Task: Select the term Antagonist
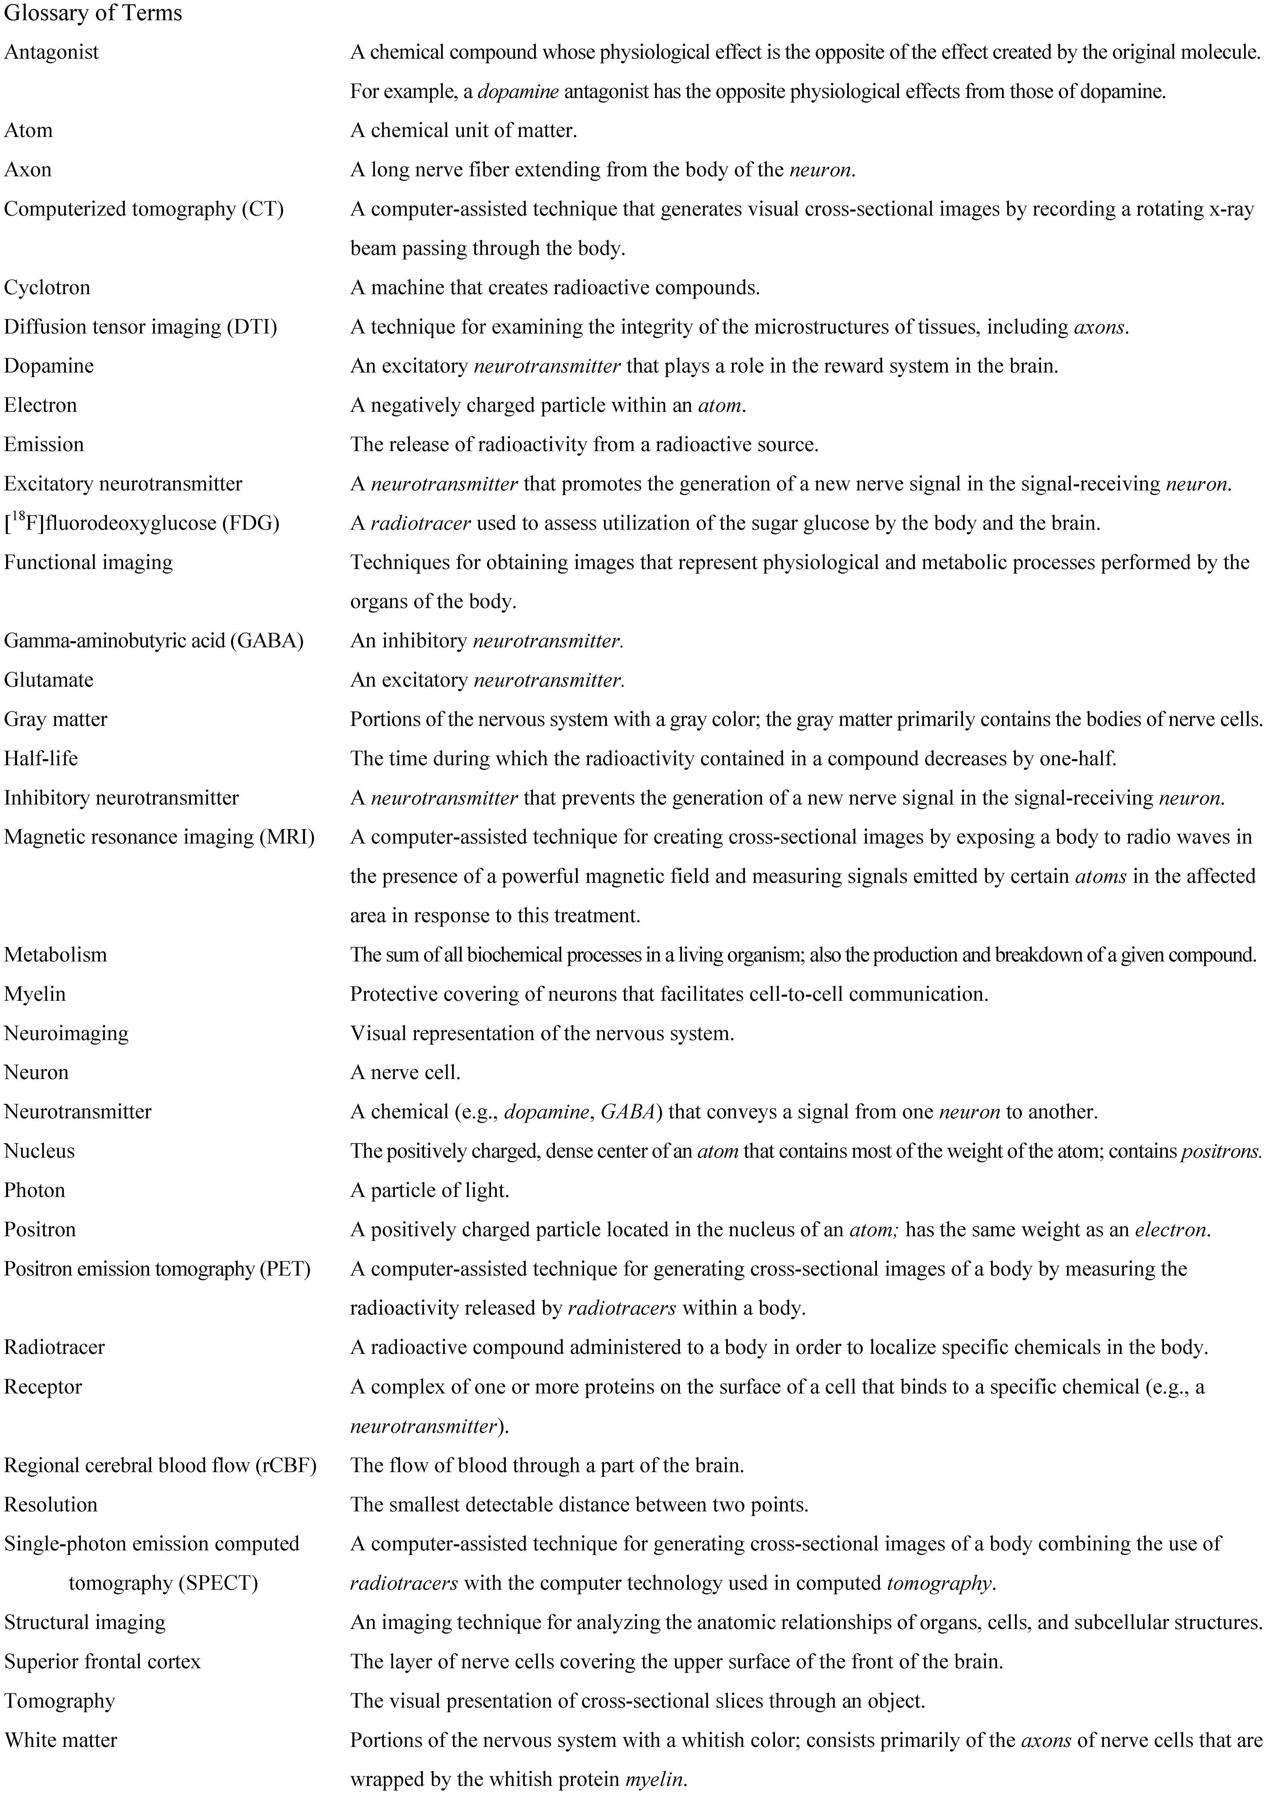point(52,52)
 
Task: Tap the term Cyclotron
point(47,287)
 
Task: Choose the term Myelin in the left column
point(35,994)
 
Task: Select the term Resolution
point(51,1504)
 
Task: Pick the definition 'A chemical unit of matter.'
point(464,131)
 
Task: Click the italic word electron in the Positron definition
point(1171,1230)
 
